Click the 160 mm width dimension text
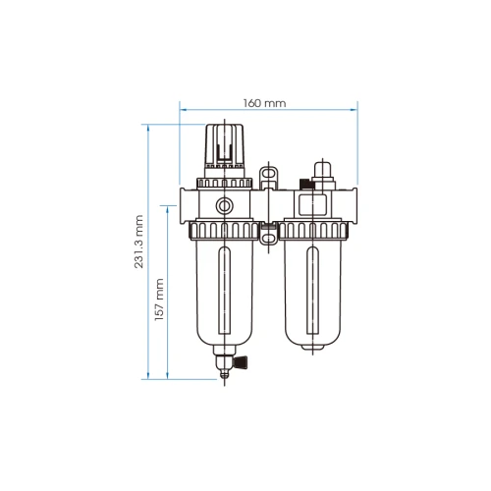click(268, 102)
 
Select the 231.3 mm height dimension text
click(139, 242)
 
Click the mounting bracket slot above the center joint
click(268, 178)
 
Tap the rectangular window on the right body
click(314, 206)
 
